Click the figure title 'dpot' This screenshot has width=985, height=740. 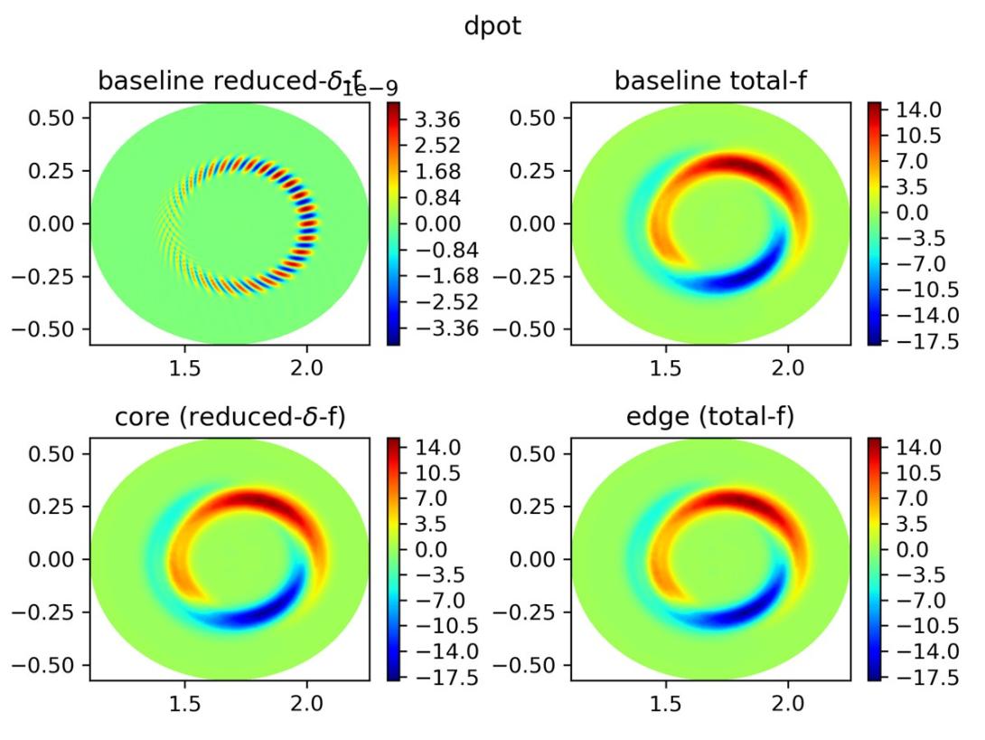tap(492, 28)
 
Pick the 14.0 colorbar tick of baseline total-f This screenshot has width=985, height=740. tap(916, 109)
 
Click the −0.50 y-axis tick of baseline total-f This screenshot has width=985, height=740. tap(532, 328)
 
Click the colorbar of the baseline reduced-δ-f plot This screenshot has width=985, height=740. tap(393, 223)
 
